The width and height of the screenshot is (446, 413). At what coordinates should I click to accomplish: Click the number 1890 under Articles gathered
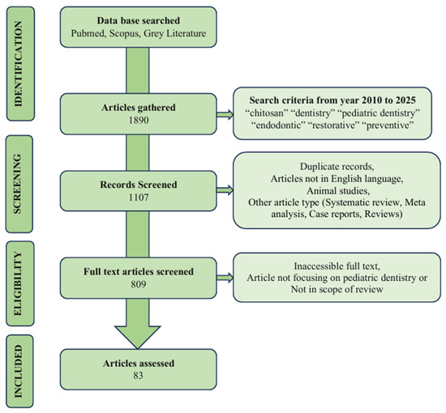[139, 120]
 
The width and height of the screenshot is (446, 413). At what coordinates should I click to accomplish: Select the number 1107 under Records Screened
[139, 197]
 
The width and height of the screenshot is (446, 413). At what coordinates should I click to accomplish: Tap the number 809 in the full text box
[139, 284]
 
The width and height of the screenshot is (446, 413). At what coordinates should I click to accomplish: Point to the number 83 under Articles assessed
[138, 376]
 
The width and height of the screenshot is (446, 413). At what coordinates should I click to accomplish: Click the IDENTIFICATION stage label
[18, 64]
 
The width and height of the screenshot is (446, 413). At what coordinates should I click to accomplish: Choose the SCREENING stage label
[18, 184]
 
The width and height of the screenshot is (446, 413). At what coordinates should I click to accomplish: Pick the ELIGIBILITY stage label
[18, 283]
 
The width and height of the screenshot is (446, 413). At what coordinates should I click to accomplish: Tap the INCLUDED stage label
[18, 371]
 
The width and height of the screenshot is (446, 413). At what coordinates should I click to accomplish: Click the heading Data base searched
[139, 21]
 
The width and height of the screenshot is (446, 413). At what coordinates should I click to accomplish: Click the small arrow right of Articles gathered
[225, 114]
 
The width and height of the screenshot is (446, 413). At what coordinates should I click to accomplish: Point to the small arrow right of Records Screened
[225, 190]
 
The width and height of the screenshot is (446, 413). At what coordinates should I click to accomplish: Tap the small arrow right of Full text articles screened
[225, 278]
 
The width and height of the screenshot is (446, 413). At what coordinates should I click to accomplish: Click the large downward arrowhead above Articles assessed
[138, 337]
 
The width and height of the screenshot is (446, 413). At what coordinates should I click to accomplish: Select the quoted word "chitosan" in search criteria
[265, 113]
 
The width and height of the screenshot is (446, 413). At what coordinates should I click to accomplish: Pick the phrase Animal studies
[338, 190]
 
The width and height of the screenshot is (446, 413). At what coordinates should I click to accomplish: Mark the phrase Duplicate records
[337, 167]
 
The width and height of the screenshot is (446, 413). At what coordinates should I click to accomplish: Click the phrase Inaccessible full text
[337, 266]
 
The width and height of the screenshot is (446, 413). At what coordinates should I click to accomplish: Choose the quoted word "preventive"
[388, 125]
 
